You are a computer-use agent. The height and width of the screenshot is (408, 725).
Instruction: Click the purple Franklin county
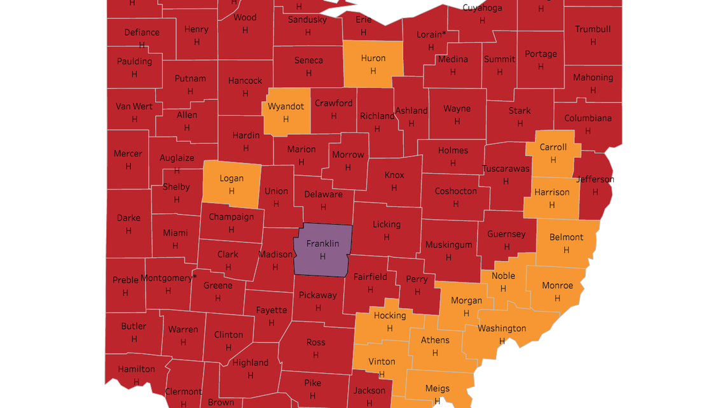[322, 250]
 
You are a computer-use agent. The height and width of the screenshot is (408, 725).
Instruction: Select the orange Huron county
[373, 64]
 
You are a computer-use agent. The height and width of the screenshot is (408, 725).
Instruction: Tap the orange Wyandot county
[286, 112]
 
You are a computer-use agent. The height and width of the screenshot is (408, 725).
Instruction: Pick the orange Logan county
[231, 185]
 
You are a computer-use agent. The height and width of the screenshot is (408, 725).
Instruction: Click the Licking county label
[387, 224]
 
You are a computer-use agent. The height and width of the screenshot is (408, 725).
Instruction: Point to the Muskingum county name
[448, 244]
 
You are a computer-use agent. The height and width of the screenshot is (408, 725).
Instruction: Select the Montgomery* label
[169, 278]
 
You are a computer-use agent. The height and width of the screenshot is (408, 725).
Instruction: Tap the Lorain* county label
[431, 34]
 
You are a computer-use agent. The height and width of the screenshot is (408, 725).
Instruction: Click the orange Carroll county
[553, 153]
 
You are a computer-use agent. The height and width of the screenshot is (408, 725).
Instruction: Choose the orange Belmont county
[566, 243]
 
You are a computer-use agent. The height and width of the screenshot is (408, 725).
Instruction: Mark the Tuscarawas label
[506, 169]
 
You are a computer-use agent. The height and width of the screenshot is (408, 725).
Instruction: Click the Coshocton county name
[455, 191]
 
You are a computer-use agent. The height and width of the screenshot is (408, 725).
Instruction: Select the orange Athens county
[435, 346]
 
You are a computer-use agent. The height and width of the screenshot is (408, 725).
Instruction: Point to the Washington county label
[502, 328]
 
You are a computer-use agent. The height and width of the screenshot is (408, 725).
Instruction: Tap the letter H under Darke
[128, 230]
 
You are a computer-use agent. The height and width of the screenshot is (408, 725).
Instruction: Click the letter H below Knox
[394, 188]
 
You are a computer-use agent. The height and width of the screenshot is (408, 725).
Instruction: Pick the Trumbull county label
[593, 29]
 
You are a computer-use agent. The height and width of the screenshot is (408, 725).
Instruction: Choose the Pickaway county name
[318, 295]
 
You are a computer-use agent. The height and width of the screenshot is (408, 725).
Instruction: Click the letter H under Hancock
[245, 93]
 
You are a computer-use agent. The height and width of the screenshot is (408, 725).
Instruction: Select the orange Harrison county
[551, 198]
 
